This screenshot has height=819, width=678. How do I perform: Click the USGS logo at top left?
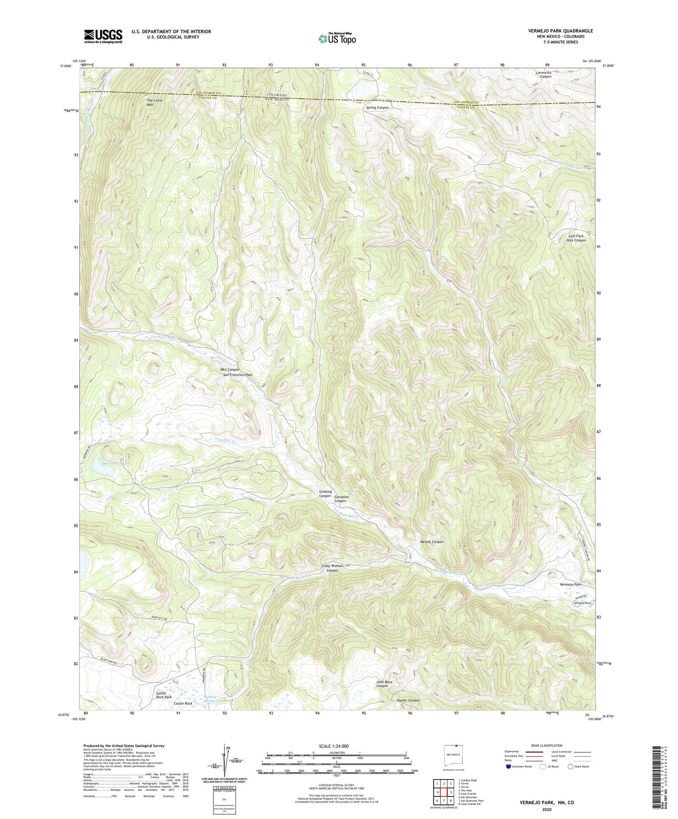coord(103,36)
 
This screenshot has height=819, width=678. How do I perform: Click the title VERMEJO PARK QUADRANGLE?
coord(560,31)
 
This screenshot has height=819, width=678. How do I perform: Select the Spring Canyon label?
coord(377,108)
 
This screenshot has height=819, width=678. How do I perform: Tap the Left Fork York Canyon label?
coord(575,238)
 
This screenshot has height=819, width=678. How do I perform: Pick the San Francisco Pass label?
coord(237,375)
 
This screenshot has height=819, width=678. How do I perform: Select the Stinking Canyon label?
coord(325,494)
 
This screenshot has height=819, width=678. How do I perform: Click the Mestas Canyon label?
coord(431,542)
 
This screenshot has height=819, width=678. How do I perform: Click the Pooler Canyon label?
coord(408,700)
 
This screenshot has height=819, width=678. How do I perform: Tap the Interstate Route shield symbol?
coord(509,766)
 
